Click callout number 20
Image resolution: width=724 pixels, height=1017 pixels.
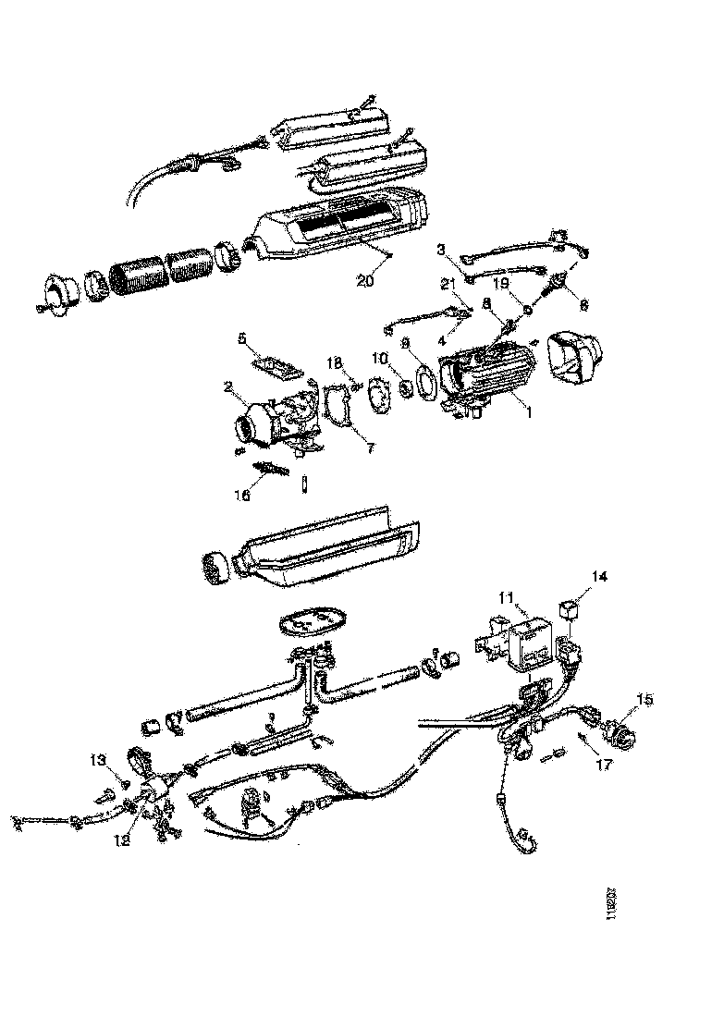click(x=365, y=282)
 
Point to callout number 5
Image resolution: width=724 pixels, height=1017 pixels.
click(x=242, y=338)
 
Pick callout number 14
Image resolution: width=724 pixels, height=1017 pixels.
click(x=599, y=576)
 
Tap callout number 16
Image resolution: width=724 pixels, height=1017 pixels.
click(x=241, y=495)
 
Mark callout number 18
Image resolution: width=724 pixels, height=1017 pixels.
click(x=335, y=361)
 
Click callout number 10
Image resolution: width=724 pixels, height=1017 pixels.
click(x=400, y=357)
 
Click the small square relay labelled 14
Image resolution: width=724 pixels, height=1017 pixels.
click(x=570, y=611)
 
